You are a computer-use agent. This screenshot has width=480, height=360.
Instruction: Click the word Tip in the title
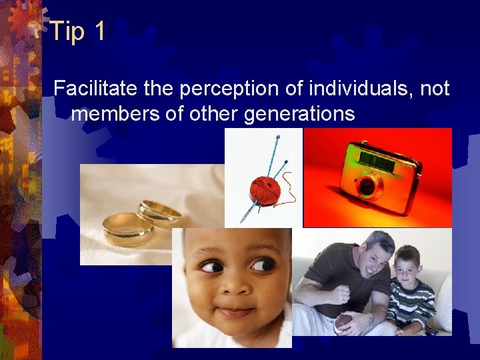[x=67, y=31]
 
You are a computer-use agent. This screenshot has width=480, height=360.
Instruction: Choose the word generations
[x=299, y=114]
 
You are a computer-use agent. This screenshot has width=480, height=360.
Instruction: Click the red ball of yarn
[x=265, y=190]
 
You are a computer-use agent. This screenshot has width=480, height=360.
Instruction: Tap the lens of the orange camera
[x=367, y=186]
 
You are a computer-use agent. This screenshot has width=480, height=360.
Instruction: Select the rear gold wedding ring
[x=160, y=213]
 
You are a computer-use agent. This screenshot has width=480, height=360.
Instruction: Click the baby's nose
[x=235, y=283]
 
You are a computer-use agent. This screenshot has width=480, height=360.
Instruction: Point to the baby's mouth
[x=235, y=311]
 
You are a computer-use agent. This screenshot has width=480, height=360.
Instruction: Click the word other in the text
[x=213, y=114]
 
